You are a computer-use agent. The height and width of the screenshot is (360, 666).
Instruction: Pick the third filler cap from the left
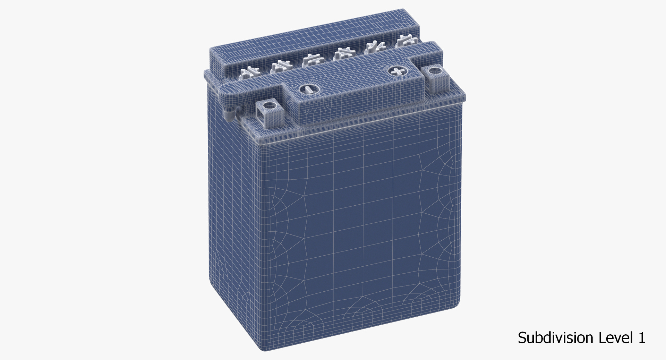(x=311, y=60)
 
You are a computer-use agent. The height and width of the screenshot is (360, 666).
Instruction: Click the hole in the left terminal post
(x=268, y=105)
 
